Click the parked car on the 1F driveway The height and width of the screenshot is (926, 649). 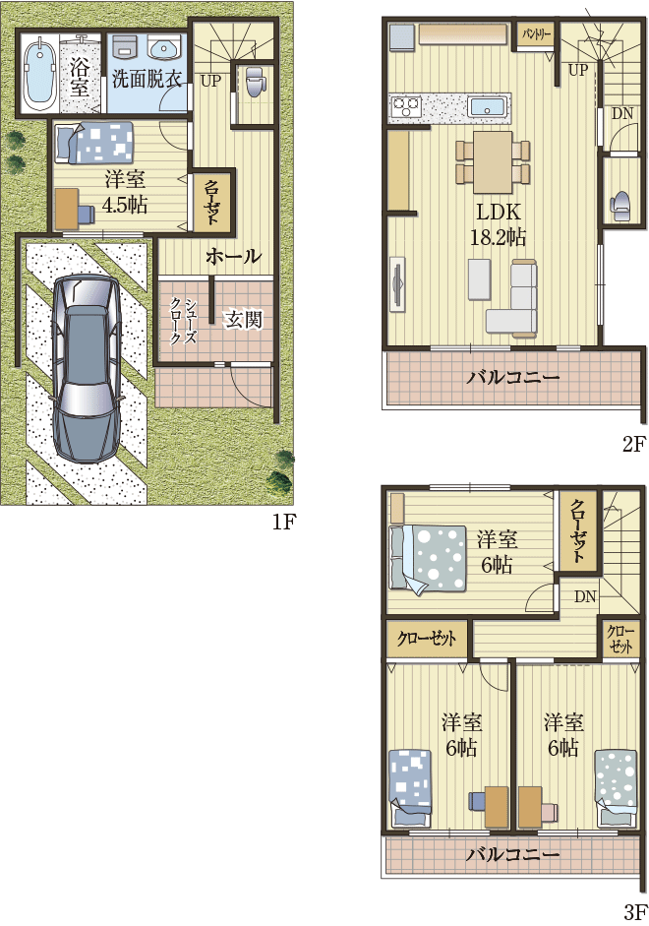(x=87, y=368)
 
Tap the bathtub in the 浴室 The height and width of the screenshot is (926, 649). (x=40, y=74)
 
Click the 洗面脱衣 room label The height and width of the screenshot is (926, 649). (x=147, y=79)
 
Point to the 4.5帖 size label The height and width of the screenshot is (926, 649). (x=125, y=205)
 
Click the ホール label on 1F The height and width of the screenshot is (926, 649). (x=234, y=256)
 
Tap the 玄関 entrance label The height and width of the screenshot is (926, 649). (x=243, y=320)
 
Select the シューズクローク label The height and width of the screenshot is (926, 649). (x=184, y=321)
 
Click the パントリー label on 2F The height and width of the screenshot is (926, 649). (x=536, y=34)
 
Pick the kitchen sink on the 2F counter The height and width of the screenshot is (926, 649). (x=488, y=108)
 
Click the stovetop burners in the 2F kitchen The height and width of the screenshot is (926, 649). (x=406, y=107)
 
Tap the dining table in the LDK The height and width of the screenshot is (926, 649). (x=493, y=161)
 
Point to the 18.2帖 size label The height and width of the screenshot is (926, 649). (x=498, y=237)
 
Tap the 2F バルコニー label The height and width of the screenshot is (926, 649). (x=512, y=376)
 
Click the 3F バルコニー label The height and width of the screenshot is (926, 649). (x=512, y=853)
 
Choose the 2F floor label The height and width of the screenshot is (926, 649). (x=633, y=444)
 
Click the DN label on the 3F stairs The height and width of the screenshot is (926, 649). (x=585, y=596)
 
